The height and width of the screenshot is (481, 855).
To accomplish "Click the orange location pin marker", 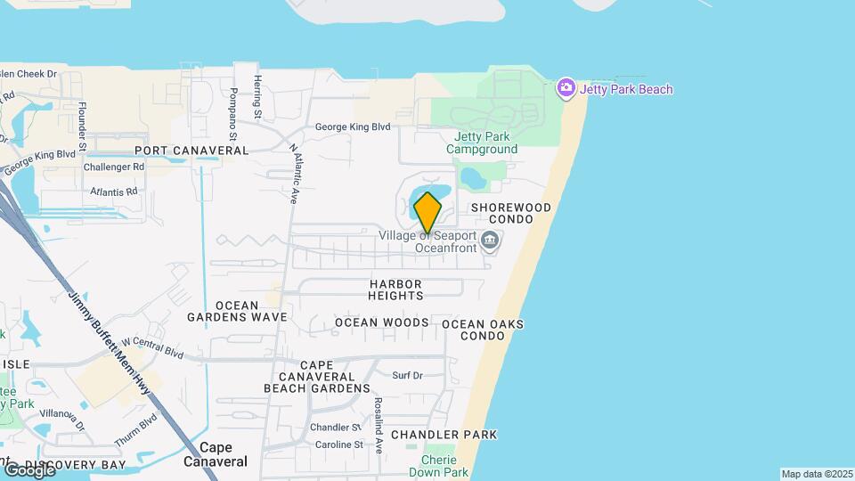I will click(427, 213).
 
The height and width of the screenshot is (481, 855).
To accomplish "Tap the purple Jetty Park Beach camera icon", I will click(566, 88).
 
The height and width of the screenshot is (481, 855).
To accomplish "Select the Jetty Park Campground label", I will click(485, 143).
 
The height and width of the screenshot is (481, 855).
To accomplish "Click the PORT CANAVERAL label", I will click(191, 151).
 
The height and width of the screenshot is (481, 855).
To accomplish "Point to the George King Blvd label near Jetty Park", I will click(353, 127).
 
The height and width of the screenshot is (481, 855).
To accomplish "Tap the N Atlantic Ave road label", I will click(292, 175).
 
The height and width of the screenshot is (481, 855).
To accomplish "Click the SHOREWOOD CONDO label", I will click(511, 213).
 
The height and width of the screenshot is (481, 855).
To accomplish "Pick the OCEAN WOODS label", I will click(381, 322).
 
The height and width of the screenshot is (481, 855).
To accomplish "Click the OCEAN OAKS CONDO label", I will click(483, 330).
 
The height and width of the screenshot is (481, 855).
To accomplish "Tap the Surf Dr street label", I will click(407, 376).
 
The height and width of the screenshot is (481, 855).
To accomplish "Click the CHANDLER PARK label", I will click(444, 435).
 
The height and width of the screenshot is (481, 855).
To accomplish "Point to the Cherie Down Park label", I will click(444, 466).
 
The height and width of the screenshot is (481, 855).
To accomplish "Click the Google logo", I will click(28, 469).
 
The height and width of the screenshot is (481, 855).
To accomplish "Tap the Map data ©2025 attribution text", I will click(816, 474).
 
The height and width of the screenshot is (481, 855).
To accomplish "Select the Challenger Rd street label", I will click(114, 167).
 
